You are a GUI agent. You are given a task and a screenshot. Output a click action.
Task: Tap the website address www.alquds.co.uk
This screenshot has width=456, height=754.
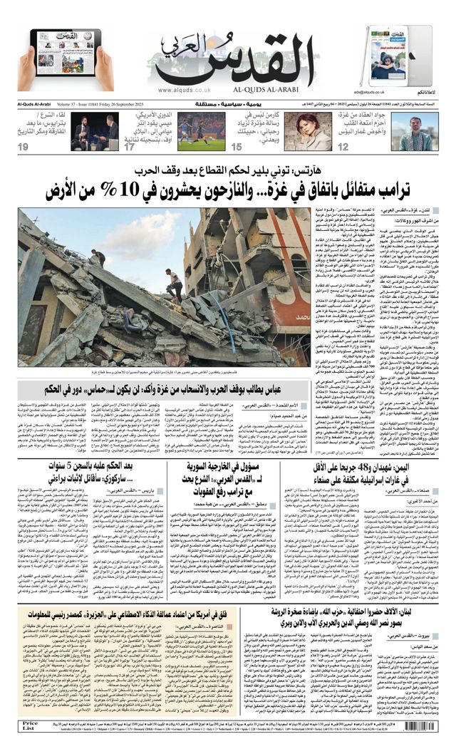click(185, 91)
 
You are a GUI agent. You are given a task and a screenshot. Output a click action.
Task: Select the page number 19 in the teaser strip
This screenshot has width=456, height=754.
click(24, 147)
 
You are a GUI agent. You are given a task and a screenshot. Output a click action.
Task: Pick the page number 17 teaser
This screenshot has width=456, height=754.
click(129, 147)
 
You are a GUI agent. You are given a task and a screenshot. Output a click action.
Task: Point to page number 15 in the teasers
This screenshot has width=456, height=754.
click(237, 147)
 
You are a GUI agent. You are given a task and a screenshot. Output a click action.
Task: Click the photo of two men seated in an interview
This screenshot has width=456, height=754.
click(90, 131)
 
